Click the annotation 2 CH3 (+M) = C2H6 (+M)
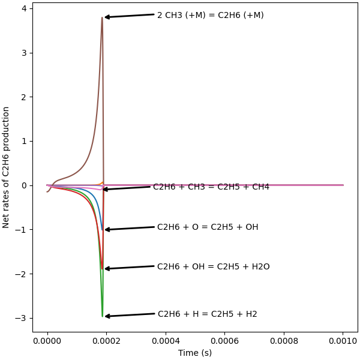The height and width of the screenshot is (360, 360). pyautogui.click(x=210, y=15)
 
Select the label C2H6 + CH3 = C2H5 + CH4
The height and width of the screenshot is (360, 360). pyautogui.click(x=211, y=187)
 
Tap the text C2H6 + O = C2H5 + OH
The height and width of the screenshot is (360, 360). pyautogui.click(x=208, y=227)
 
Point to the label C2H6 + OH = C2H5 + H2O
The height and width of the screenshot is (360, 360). pyautogui.click(x=213, y=266)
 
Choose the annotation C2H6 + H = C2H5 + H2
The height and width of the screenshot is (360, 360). pyautogui.click(x=207, y=314)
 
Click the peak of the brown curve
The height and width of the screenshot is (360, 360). pyautogui.click(x=102, y=17)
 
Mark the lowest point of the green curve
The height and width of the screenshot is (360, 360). pyautogui.click(x=102, y=316)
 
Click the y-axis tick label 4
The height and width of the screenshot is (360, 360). pyautogui.click(x=23, y=8)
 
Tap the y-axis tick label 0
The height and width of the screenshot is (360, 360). pyautogui.click(x=23, y=185)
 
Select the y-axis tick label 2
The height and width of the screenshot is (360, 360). pyautogui.click(x=23, y=97)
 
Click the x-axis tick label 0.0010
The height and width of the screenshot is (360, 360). pyautogui.click(x=343, y=341)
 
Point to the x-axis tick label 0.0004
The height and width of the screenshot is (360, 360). pyautogui.click(x=166, y=341)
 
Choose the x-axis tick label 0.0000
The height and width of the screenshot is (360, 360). pyautogui.click(x=47, y=341)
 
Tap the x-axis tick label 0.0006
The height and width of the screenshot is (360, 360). pyautogui.click(x=225, y=341)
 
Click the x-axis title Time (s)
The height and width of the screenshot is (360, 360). pyautogui.click(x=195, y=353)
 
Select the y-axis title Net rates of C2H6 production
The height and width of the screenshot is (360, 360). pyautogui.click(x=7, y=167)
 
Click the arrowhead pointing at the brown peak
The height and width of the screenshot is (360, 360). pyautogui.click(x=106, y=17)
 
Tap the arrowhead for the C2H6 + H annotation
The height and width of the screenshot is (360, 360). pyautogui.click(x=106, y=316)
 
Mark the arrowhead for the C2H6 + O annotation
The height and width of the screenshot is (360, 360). pyautogui.click(x=106, y=229)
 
